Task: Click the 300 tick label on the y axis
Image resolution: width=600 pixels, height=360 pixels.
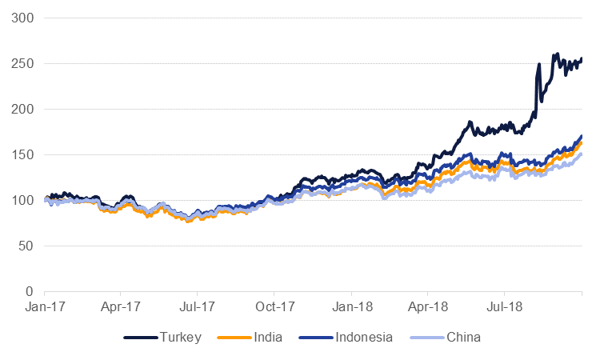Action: (x=23, y=18)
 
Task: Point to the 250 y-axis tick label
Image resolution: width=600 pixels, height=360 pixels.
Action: (x=23, y=63)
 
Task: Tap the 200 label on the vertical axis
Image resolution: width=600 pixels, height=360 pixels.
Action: (x=23, y=109)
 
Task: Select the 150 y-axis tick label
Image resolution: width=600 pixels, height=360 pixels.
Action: (x=23, y=154)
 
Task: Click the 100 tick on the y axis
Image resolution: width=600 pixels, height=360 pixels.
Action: (x=23, y=200)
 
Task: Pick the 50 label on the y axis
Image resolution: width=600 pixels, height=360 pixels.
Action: (x=26, y=246)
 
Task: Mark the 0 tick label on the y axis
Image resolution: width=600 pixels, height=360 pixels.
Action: (x=30, y=291)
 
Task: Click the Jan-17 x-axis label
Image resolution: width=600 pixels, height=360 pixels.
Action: (x=44, y=306)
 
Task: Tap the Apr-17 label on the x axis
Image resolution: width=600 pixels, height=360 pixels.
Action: (x=121, y=306)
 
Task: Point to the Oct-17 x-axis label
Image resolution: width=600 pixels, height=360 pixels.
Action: (x=274, y=306)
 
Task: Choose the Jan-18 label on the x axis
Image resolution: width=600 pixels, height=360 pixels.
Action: (x=351, y=306)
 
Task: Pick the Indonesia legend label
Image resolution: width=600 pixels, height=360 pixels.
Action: (x=362, y=338)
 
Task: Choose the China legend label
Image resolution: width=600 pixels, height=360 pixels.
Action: (x=464, y=338)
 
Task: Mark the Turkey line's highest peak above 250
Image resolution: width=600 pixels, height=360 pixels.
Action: (x=557, y=54)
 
